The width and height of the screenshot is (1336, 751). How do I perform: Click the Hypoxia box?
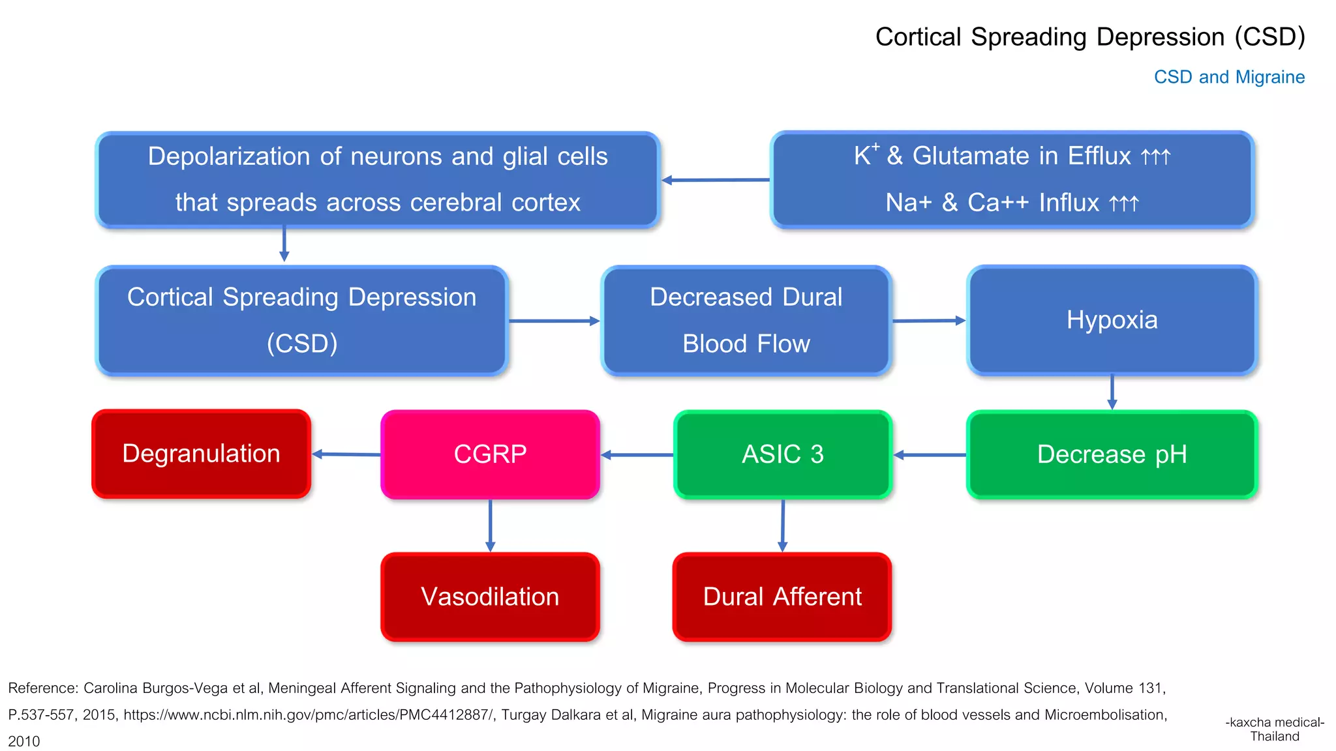1112,320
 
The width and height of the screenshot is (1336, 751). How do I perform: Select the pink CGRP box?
490,454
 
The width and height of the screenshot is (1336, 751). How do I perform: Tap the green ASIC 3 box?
782,454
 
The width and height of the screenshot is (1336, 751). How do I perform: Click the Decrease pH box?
1112,454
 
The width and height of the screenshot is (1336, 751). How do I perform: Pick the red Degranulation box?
201,454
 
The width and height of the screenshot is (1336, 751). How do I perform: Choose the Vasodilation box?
490,596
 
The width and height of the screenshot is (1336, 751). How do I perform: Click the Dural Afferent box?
782,596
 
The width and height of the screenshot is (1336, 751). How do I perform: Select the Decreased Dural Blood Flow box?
746,320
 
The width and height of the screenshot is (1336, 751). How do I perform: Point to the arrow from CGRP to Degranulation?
346,454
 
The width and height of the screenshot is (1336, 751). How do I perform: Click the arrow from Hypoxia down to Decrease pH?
1112,392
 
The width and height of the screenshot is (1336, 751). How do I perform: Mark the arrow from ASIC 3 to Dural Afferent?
782,525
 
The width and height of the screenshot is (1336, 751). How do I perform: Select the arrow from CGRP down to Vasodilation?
490,525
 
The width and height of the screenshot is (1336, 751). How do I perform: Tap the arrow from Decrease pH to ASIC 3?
929,455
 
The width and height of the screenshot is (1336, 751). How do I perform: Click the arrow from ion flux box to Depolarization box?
715,180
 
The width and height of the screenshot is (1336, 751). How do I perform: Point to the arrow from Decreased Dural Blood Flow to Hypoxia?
928,321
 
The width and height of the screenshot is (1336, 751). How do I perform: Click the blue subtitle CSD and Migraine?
1229,77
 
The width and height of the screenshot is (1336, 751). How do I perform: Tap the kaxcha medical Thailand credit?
1274,729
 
